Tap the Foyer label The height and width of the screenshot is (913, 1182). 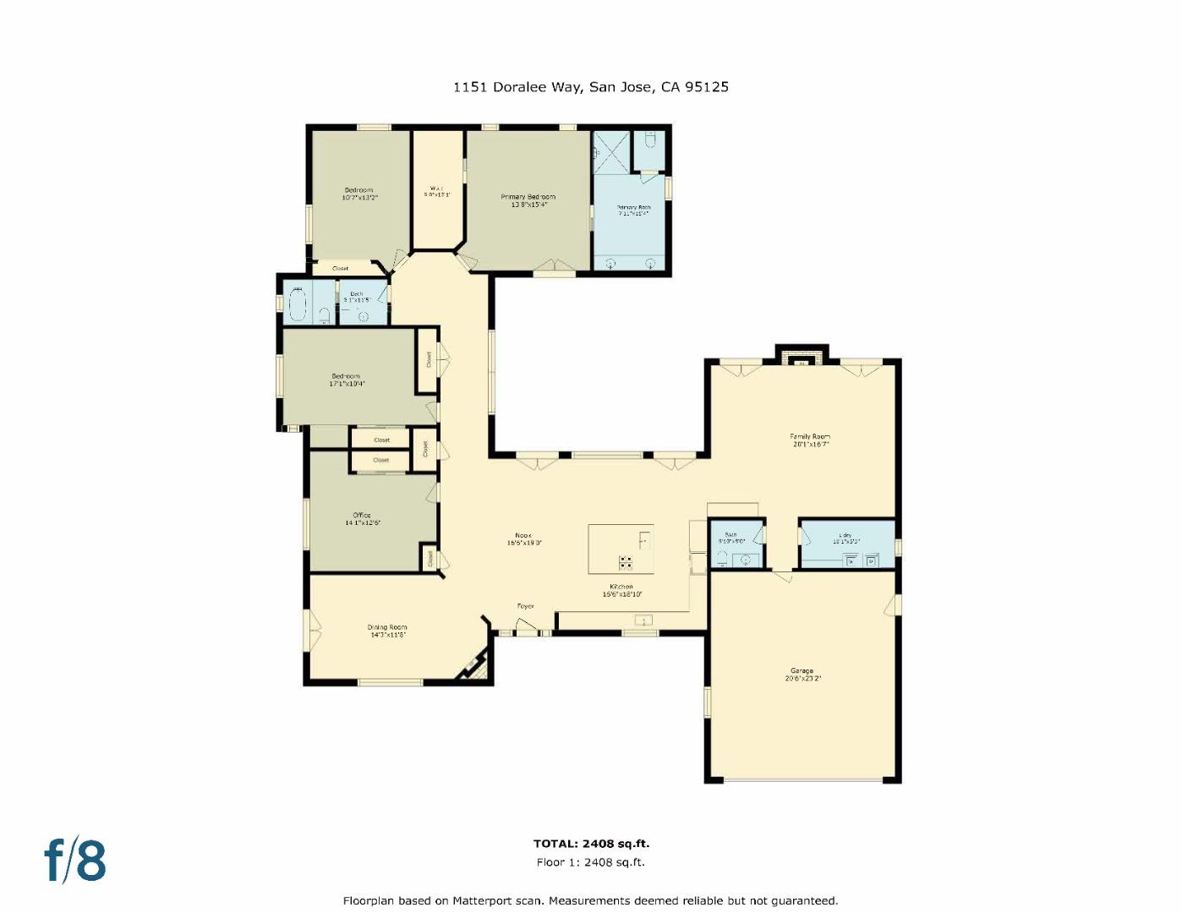click(x=526, y=606)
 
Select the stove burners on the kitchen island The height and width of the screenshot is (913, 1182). click(x=626, y=561)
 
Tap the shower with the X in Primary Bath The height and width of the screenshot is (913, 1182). click(x=611, y=150)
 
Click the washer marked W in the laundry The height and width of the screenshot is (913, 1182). click(x=851, y=560)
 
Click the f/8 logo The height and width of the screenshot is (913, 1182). click(x=75, y=861)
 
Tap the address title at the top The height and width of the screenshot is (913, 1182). click(x=590, y=86)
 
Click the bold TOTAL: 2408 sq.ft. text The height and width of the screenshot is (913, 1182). click(x=591, y=843)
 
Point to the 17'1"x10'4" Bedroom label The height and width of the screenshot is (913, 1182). click(x=346, y=380)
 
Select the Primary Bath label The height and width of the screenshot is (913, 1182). click(x=633, y=210)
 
